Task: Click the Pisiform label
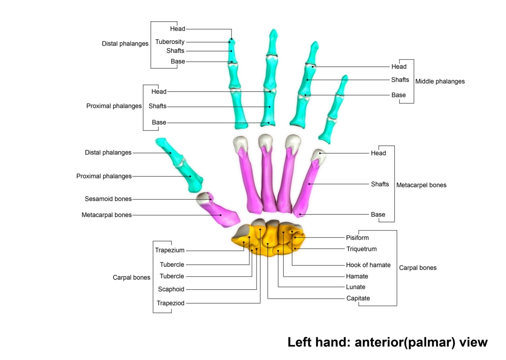click(357, 238)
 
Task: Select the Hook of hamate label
click(368, 265)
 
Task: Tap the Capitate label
click(358, 299)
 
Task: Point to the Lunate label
click(355, 287)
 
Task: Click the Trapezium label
click(170, 250)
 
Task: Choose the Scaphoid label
click(171, 289)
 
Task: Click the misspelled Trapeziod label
click(170, 303)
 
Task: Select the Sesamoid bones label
click(108, 199)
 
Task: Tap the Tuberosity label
click(170, 42)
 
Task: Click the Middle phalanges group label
click(440, 81)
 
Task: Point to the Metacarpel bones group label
click(421, 185)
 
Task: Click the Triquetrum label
click(361, 249)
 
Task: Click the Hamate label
click(357, 277)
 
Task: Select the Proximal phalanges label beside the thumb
click(104, 176)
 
